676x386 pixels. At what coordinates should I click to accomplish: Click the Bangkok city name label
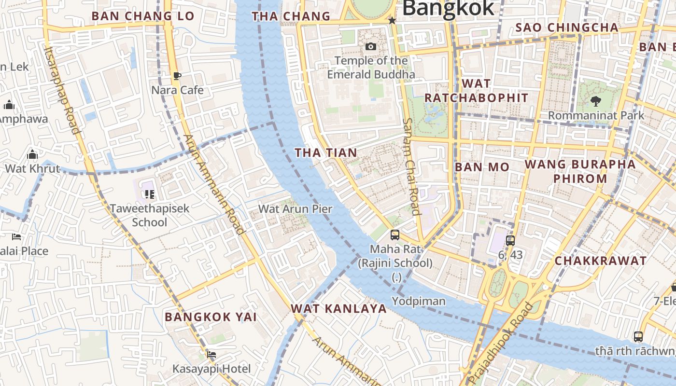click(448, 8)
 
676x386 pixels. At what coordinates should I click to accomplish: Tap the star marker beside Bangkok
click(392, 21)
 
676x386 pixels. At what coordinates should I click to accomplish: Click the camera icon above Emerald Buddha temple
click(371, 46)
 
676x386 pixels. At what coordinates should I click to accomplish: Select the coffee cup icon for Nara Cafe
click(177, 76)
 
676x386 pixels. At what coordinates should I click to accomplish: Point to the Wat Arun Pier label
click(296, 209)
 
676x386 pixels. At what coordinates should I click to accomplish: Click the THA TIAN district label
click(326, 153)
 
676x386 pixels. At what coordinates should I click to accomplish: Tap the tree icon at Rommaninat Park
click(596, 101)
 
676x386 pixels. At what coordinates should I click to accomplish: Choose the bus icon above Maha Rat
click(395, 235)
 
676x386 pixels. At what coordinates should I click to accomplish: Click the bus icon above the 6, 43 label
click(510, 240)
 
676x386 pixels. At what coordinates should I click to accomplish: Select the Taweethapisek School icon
click(149, 194)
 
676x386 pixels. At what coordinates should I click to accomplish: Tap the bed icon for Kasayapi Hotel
click(211, 355)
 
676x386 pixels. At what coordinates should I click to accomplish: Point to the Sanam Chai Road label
click(411, 166)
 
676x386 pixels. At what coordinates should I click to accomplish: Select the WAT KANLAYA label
click(339, 309)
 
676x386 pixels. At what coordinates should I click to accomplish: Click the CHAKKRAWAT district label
click(600, 261)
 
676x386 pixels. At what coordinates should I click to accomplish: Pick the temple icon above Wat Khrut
click(32, 155)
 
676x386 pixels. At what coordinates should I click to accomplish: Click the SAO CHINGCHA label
click(567, 28)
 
